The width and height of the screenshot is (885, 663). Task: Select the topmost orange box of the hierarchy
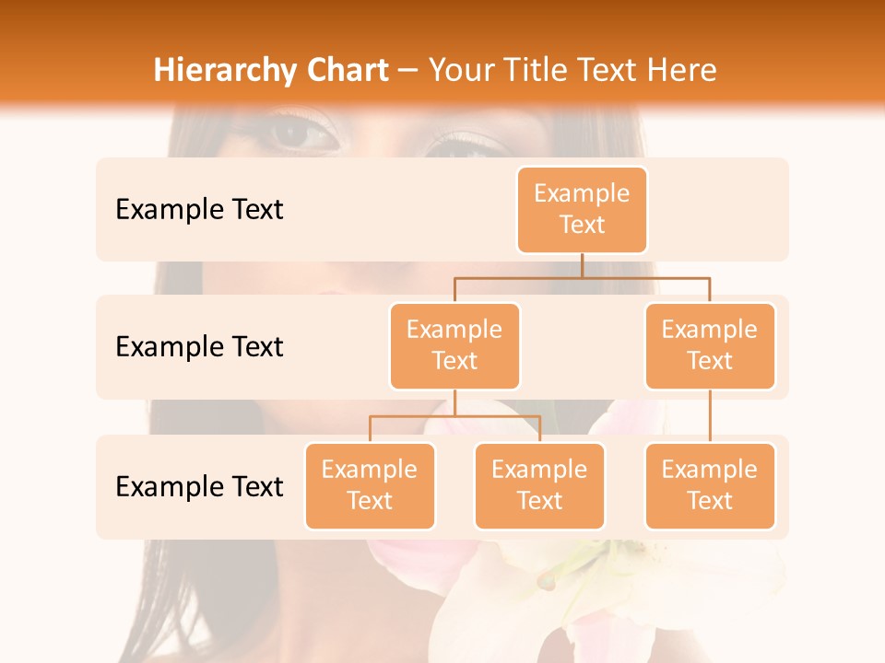[582, 209]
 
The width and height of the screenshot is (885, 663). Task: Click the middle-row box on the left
[454, 345]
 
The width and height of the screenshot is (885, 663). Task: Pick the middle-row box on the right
[710, 345]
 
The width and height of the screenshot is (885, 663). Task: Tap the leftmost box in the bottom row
[370, 485]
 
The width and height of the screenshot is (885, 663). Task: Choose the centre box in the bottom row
[539, 485]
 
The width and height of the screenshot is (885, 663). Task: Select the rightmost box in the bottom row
[710, 485]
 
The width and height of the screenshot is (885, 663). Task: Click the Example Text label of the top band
[199, 210]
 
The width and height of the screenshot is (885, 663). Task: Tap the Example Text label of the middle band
[199, 347]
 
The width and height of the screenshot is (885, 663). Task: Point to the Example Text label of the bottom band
[199, 486]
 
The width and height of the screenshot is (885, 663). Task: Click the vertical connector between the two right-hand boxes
[710, 416]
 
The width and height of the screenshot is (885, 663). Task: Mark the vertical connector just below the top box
[582, 265]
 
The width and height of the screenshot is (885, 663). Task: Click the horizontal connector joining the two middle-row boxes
[582, 277]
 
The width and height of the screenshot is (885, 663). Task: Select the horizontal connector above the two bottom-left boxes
[454, 416]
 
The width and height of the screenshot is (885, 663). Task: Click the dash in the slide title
[408, 72]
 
